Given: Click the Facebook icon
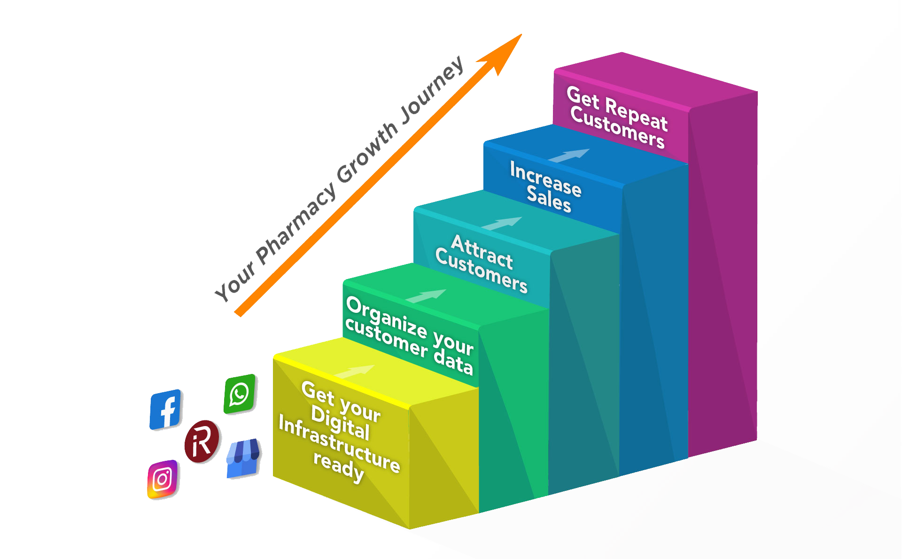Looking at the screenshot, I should coord(165,409).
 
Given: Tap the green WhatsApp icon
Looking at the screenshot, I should coord(240,394).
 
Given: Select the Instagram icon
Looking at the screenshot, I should coord(162,479).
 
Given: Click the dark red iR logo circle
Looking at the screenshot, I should coord(202,441).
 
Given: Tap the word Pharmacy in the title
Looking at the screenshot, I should coord(296,224).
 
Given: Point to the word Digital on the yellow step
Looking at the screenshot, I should coord(340,423).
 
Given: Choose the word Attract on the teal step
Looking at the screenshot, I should coord(482,252).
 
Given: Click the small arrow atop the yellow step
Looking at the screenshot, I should coord(355,372).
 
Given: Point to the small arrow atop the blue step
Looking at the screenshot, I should coord(569,155).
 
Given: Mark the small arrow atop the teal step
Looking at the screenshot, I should coord(502,224).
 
